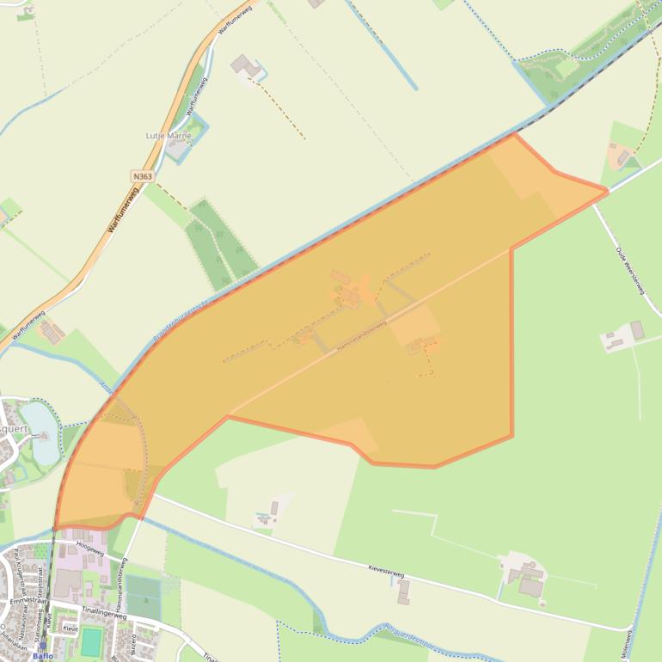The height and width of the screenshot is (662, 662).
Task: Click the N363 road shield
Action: [x=143, y=176]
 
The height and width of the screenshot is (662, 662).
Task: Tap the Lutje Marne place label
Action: [x=168, y=136]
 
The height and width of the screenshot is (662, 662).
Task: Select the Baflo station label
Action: [x=42, y=656]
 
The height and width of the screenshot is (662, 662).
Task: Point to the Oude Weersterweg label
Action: [x=629, y=271]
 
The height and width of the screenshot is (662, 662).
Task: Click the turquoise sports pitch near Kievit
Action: [x=91, y=641]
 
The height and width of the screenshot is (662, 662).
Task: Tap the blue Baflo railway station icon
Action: [x=42, y=646]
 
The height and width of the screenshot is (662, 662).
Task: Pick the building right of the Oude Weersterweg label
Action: [x=637, y=330]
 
